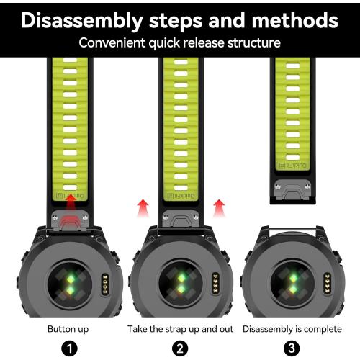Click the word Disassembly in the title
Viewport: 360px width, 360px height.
pyautogui.click(x=82, y=21)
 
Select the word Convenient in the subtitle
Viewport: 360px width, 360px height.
pyautogui.click(x=112, y=43)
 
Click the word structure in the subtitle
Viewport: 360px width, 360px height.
pyautogui.click(x=254, y=43)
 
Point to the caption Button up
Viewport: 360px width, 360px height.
pyautogui.click(x=68, y=329)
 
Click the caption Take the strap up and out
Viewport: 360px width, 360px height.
pyautogui.click(x=180, y=329)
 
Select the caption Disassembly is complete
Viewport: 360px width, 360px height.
pyautogui.click(x=292, y=329)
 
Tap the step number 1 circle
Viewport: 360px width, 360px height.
pyautogui.click(x=69, y=348)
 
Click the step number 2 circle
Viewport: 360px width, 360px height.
pyautogui.click(x=180, y=348)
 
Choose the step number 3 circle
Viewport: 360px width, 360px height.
pyautogui.click(x=292, y=348)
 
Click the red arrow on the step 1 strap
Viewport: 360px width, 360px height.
pyautogui.click(x=71, y=203)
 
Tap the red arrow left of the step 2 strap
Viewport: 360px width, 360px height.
pyautogui.click(x=143, y=208)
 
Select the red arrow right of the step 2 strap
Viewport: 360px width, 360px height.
pyautogui.click(x=219, y=208)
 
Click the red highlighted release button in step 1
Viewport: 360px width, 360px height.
pyautogui.click(x=70, y=221)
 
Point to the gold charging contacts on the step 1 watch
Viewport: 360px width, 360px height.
pyautogui.click(x=105, y=284)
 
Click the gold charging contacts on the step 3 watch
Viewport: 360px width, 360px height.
pyautogui.click(x=327, y=284)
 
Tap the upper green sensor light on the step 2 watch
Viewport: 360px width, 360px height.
pyautogui.click(x=181, y=278)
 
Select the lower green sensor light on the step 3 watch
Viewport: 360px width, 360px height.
pyautogui.click(x=293, y=289)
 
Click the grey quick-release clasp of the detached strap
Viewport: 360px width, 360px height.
pyautogui.click(x=292, y=189)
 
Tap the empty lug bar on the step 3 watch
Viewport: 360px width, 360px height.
pyautogui.click(x=292, y=230)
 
